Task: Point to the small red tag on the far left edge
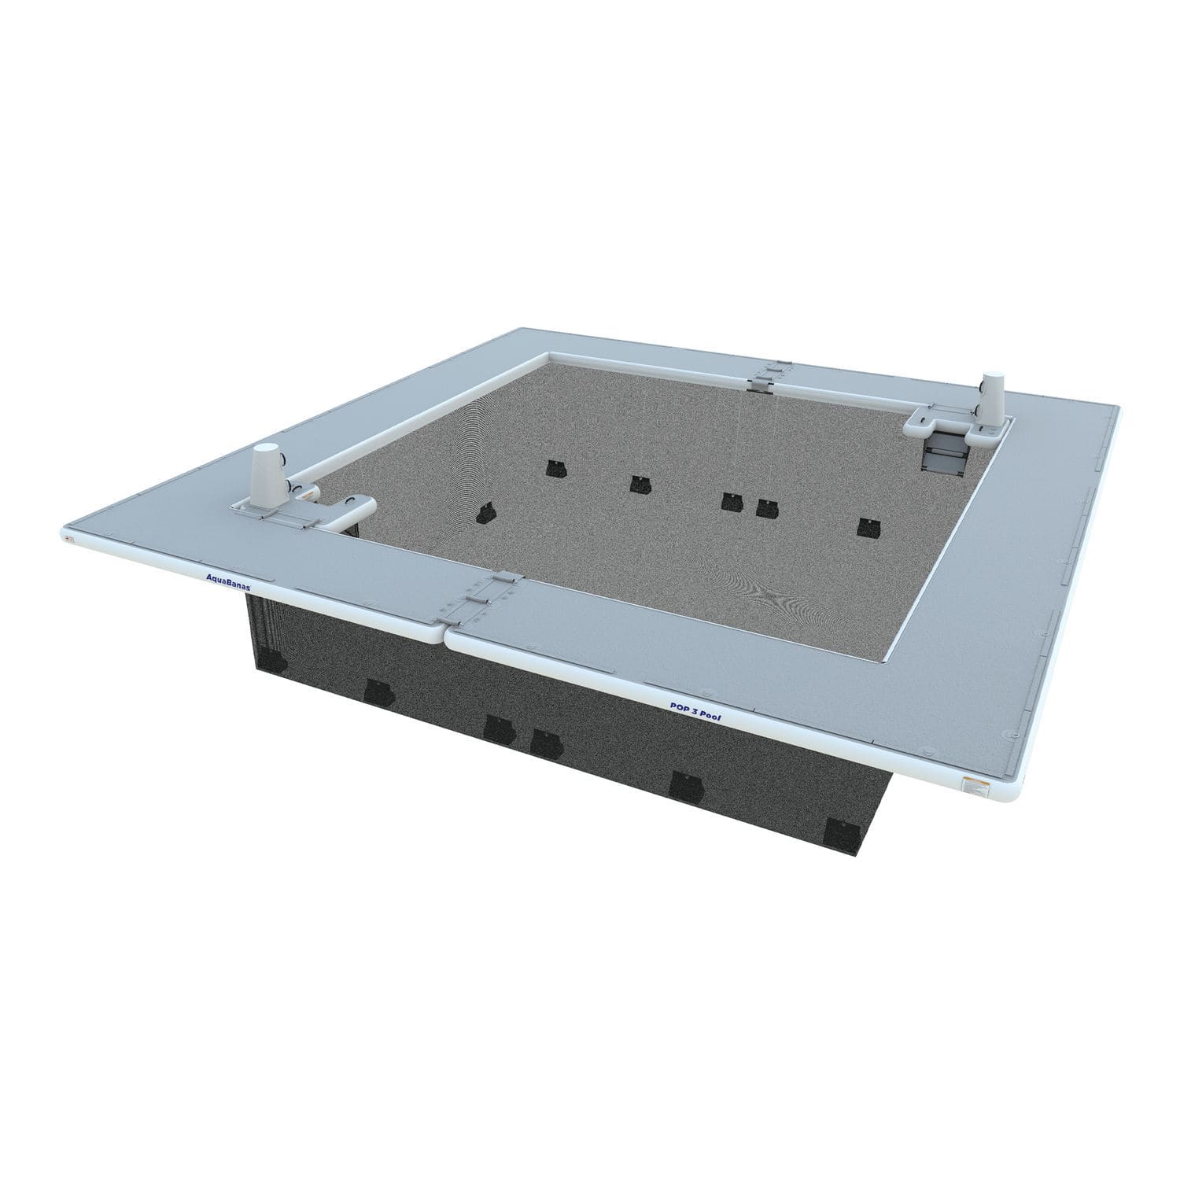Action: [x=69, y=538]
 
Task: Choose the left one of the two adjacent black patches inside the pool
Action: [x=732, y=501]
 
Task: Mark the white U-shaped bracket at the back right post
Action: [x=928, y=426]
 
